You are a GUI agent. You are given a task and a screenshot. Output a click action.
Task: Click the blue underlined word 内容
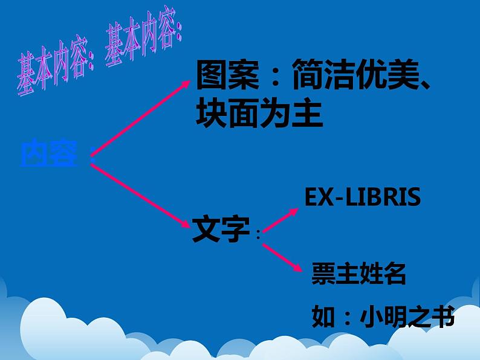point(49,153)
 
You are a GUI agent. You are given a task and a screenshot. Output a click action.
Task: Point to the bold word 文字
point(221,229)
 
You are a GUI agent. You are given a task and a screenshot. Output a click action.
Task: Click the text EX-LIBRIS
point(362,197)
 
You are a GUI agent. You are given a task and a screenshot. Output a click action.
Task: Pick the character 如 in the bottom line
point(323,316)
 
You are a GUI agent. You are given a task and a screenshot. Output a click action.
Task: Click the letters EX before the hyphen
point(317,197)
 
